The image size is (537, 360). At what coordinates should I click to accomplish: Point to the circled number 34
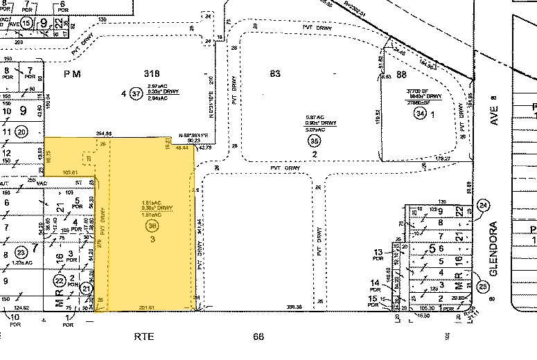coord(419,112)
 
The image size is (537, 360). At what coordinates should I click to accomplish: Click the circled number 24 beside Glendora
coord(483,205)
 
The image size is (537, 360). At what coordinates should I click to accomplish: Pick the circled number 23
coord(21,252)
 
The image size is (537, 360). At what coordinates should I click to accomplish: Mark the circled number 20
coord(21,132)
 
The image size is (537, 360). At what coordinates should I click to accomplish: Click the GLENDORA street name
coord(493,249)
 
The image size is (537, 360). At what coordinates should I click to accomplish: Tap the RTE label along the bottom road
coord(143,336)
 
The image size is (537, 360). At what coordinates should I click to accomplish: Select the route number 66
coord(258,336)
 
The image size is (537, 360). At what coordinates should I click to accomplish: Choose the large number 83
coord(274,73)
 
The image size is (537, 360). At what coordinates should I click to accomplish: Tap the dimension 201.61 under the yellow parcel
coord(146,305)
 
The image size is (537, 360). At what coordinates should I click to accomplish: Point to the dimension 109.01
coord(71,171)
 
